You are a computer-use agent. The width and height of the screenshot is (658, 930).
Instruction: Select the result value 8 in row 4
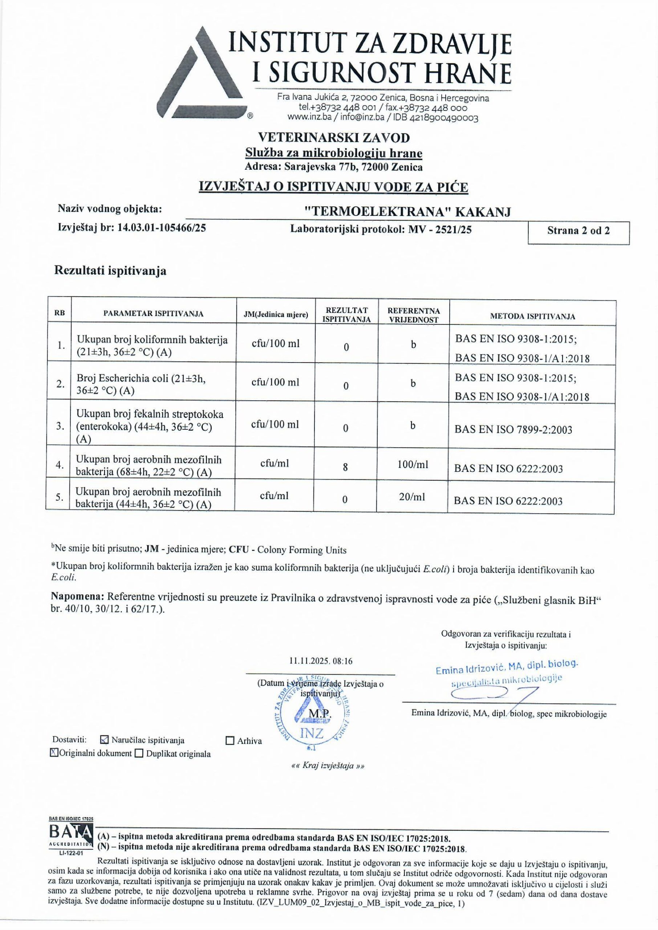point(345,467)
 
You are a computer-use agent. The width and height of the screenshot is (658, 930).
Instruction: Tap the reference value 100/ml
point(413,465)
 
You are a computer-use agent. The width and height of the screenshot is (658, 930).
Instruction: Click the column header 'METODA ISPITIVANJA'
point(532,316)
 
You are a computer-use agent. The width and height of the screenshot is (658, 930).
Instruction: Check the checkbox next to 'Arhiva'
point(230,741)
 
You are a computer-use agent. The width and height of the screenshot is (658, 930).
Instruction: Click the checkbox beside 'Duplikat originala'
point(139,754)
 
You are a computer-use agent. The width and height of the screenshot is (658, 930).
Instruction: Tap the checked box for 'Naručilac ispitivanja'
point(104,740)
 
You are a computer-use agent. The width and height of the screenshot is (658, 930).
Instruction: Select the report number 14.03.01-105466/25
point(161,228)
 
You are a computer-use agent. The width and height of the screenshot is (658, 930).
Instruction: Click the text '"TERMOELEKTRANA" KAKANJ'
point(407,211)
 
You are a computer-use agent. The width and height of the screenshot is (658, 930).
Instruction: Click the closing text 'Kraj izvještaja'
point(328,766)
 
